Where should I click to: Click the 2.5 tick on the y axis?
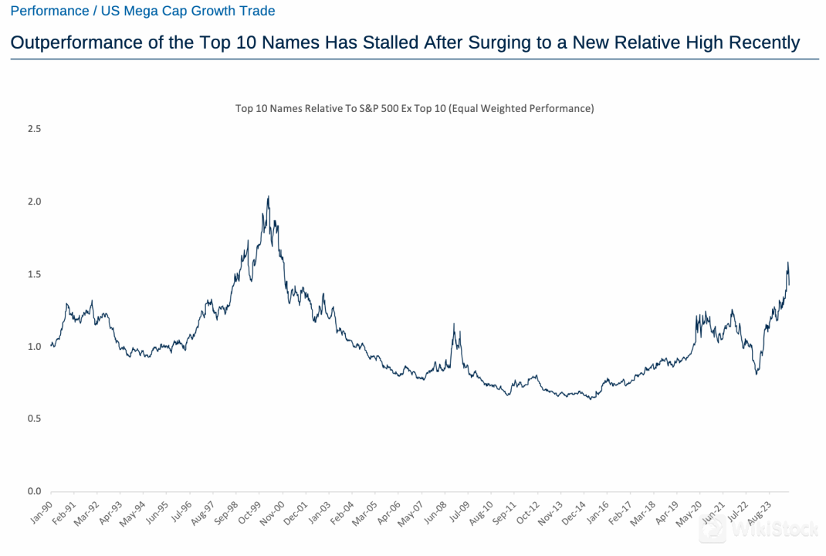(x=34, y=129)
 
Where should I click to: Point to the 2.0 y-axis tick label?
(x=34, y=202)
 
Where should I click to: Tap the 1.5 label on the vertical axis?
(x=34, y=274)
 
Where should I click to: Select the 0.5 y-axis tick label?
(x=34, y=419)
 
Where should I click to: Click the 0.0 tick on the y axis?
(x=34, y=491)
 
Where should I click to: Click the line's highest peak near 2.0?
(x=268, y=197)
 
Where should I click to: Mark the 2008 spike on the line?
(x=454, y=324)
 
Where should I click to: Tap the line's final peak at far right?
(x=787, y=263)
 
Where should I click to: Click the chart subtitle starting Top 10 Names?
(x=415, y=109)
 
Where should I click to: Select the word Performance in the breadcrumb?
(x=49, y=11)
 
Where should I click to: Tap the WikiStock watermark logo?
(x=737, y=530)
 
